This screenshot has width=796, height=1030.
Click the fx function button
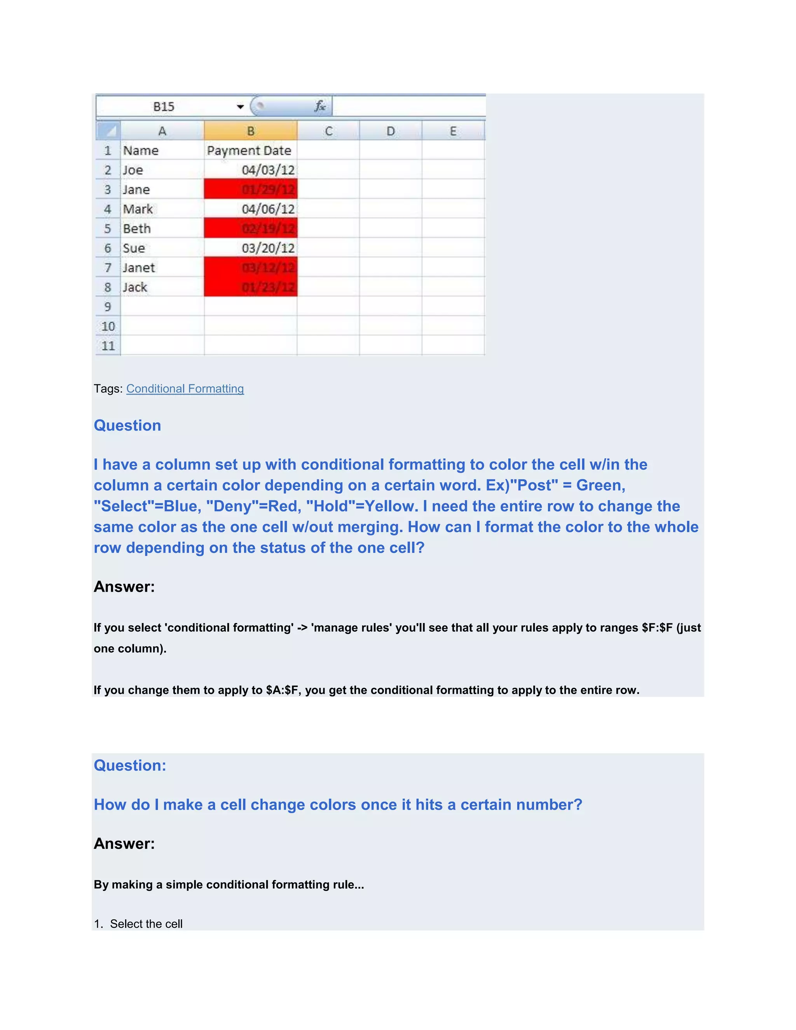320,106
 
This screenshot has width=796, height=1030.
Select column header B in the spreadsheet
250,131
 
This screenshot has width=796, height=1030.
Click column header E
453,131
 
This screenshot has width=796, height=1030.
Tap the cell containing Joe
162,170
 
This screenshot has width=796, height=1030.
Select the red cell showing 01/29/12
250,190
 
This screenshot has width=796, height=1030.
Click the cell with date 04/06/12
250,209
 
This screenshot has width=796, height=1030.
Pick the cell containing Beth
162,229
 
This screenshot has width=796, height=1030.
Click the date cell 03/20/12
250,248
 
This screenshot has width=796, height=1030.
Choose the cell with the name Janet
162,268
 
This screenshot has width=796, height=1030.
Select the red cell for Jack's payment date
250,287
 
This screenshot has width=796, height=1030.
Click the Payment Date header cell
250,150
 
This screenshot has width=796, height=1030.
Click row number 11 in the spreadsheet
108,346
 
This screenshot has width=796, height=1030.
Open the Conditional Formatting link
185,389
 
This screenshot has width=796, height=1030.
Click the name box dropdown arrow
240,107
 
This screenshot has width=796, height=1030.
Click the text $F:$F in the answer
657,628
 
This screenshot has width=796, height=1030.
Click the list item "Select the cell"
146,924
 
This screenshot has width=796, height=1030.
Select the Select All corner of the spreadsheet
108,131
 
